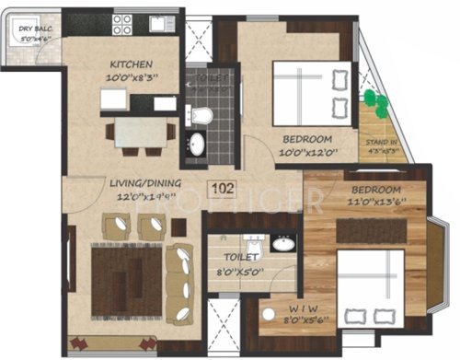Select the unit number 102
coord(222,191)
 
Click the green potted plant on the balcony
coord(371,99)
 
